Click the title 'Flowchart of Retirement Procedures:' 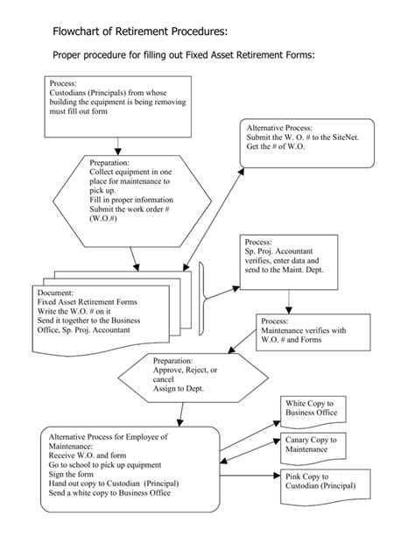pos(139,32)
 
